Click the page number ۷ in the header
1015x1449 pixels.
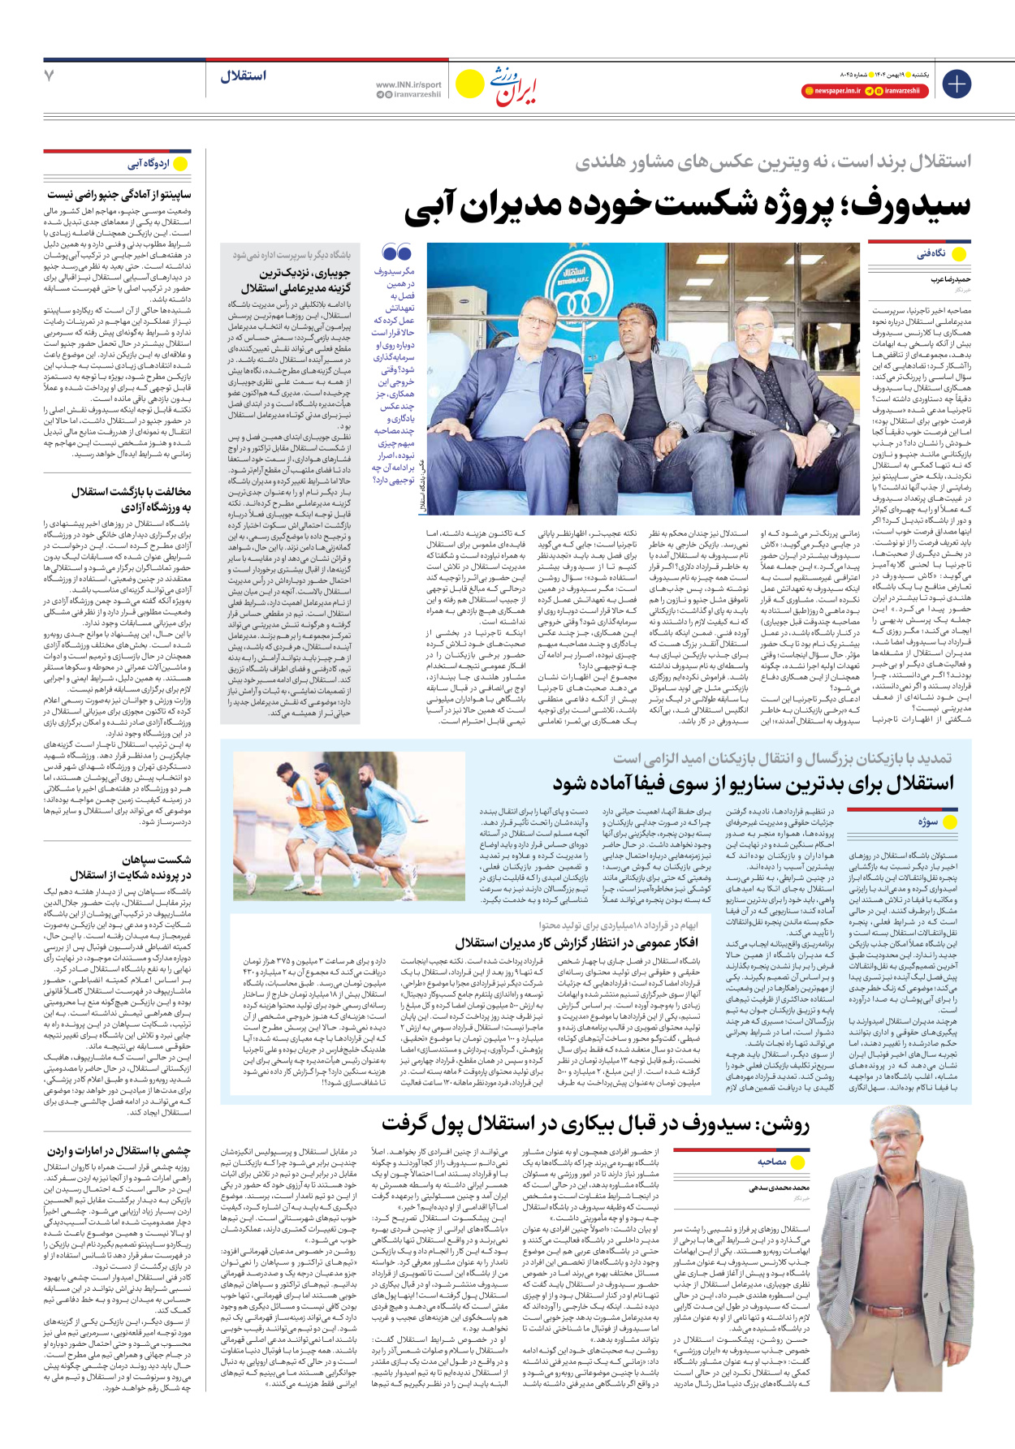50,75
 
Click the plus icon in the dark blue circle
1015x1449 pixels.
957,84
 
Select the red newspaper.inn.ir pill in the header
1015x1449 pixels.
831,91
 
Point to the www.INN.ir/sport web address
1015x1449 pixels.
408,84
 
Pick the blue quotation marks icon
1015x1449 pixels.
396,253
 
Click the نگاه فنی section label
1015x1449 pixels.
931,254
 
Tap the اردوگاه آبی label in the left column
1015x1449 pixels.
149,164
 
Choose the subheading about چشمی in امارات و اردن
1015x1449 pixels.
119,1151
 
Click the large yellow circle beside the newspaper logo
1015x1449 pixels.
469,84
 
